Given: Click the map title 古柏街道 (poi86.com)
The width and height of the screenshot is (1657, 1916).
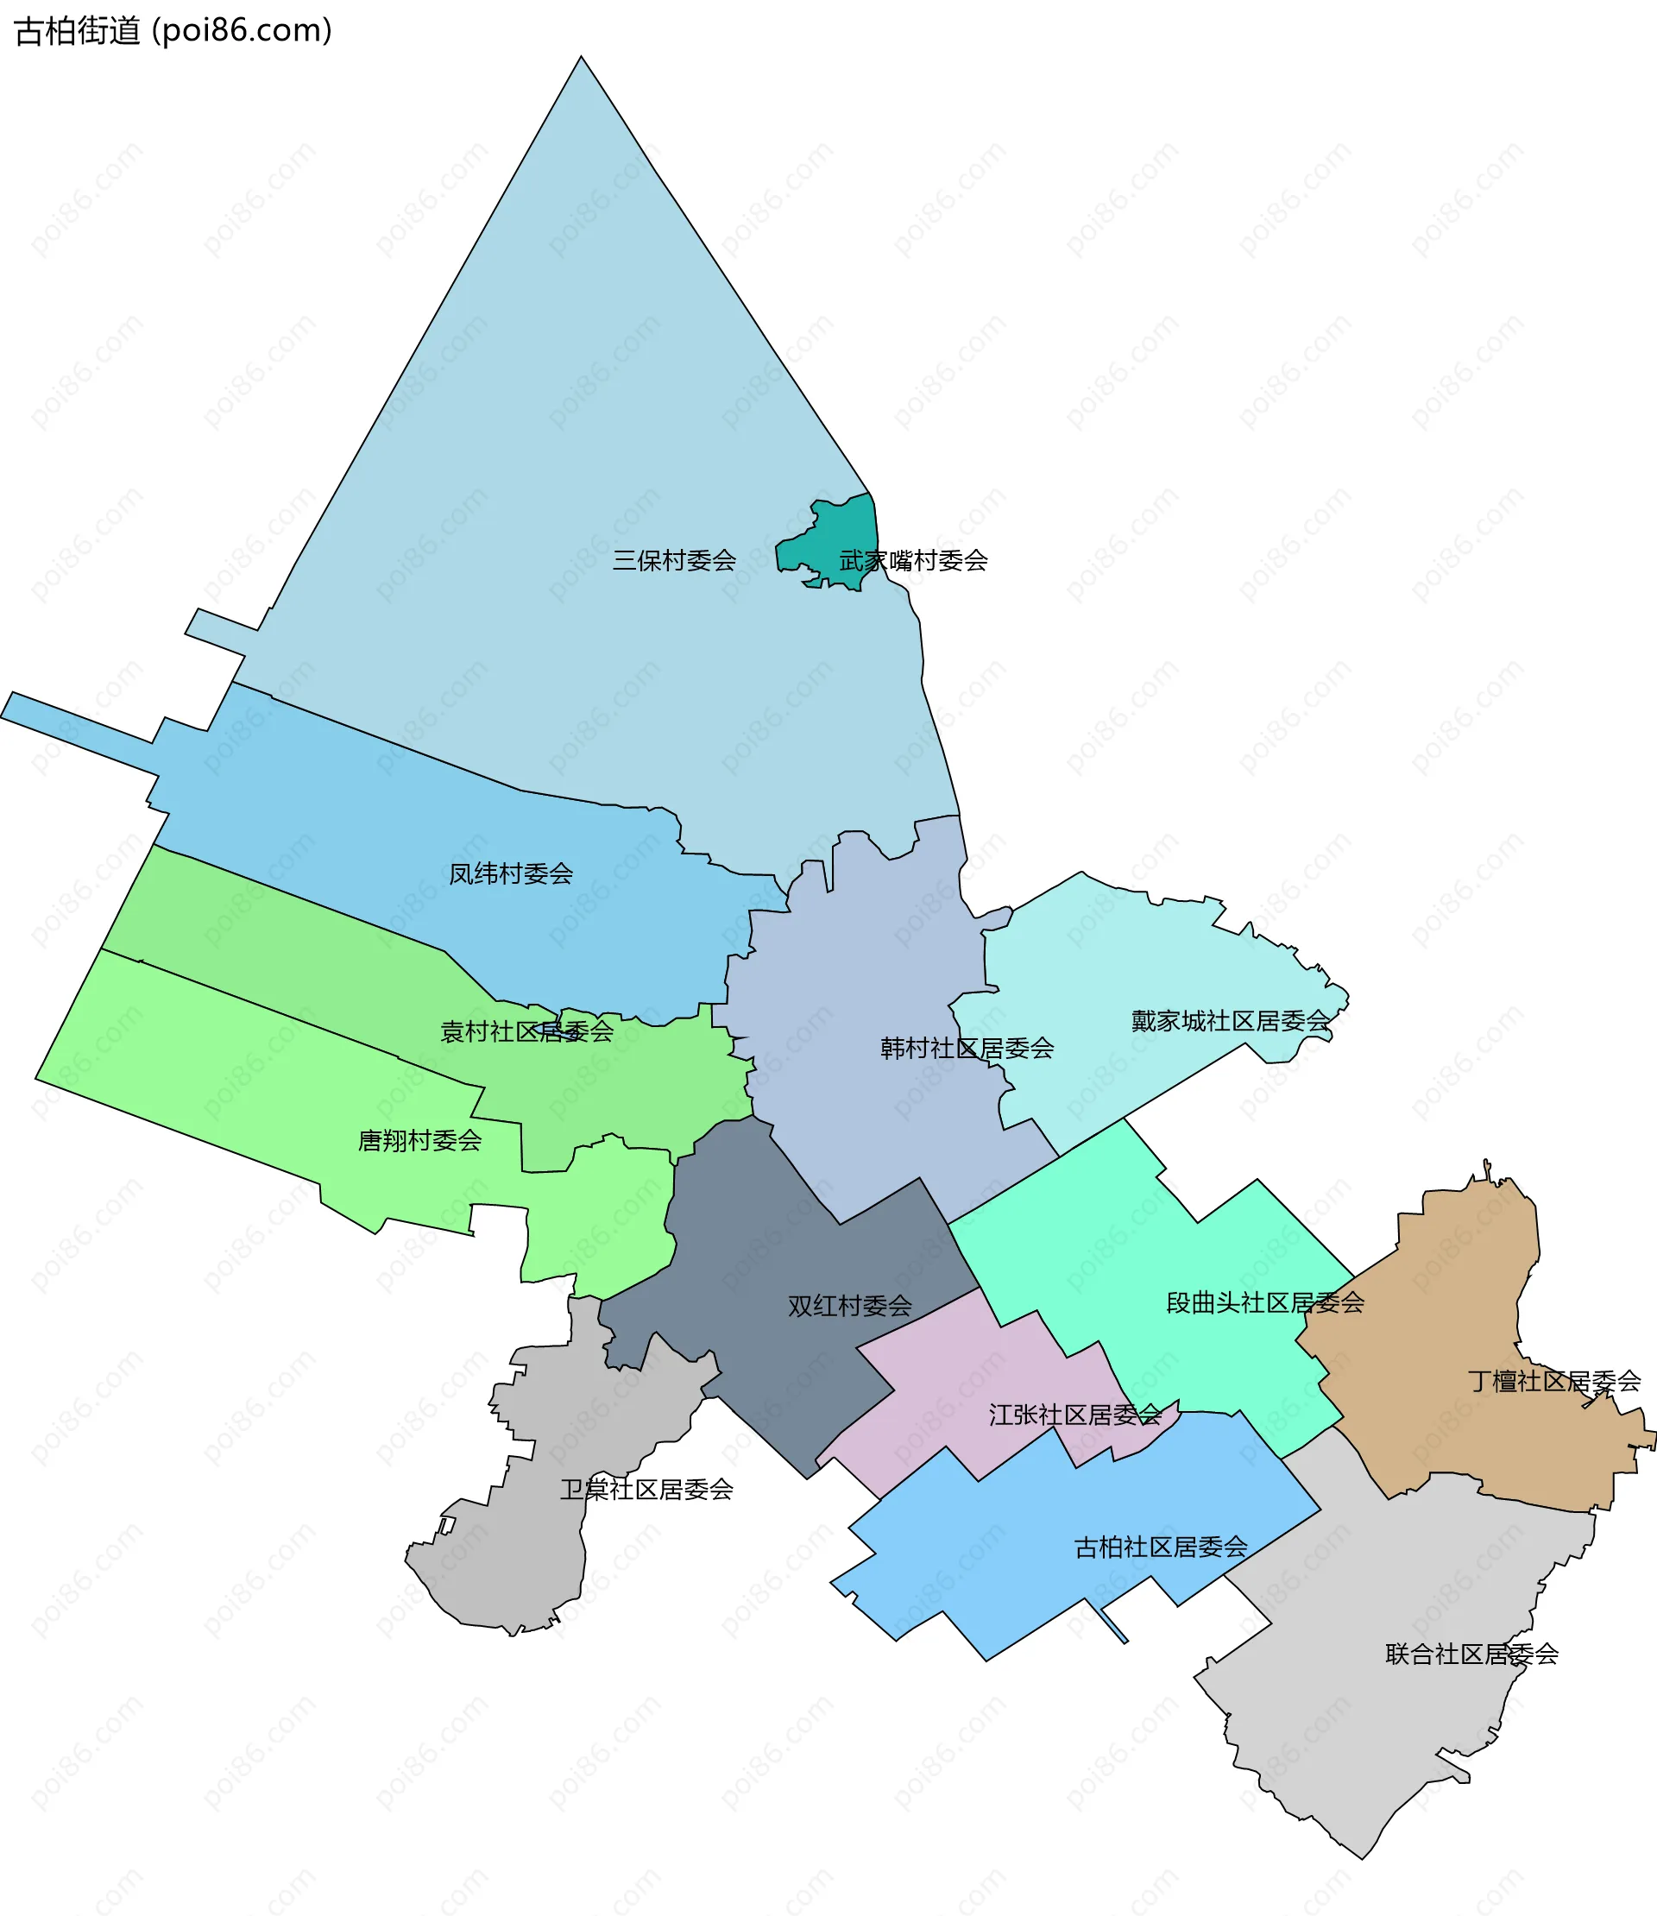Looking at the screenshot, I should [173, 30].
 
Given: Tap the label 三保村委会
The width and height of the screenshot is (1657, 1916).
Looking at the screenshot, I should [674, 560].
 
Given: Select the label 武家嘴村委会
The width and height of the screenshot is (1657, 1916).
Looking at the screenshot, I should [914, 560].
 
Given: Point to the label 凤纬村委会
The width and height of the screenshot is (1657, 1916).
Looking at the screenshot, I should [510, 873].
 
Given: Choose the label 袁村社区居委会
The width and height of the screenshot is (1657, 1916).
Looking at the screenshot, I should [526, 1031].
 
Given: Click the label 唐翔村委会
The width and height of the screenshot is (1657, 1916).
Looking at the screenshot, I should [419, 1140].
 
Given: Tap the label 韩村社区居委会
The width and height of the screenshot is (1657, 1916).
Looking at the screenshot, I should [967, 1048].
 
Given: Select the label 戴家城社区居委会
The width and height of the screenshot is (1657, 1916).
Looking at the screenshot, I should [1231, 1021].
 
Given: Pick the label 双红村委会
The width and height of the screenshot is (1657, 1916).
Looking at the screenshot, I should [850, 1306].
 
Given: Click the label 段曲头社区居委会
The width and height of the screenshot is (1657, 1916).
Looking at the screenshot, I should [1265, 1303].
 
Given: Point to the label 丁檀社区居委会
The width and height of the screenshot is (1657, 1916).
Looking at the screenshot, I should [1553, 1382].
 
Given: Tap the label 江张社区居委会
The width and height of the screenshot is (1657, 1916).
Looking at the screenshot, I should [1074, 1415].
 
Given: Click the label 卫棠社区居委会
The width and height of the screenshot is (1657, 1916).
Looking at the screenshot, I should [646, 1489].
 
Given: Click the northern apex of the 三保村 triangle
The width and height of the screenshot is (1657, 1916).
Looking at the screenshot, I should [581, 59].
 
